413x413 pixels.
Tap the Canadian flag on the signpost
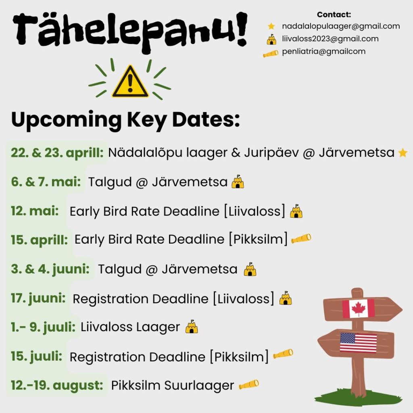coord(358,308)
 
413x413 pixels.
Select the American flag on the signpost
coord(359,342)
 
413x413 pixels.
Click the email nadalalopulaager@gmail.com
coord(341,26)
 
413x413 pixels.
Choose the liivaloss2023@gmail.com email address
coord(330,39)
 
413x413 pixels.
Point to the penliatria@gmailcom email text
coord(324,51)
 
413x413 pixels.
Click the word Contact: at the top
coord(334,15)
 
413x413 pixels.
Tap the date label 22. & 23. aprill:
coord(57,153)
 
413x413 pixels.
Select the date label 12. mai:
coord(35,211)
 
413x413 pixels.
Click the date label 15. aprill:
coord(39,240)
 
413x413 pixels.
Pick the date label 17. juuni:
coord(38,298)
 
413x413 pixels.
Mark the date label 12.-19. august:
coord(57,385)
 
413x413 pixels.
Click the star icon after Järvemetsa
coord(403,153)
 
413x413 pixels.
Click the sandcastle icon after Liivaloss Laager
coord(192,327)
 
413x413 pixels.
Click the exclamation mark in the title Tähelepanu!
coord(241,29)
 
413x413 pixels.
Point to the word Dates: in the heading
coord(206,119)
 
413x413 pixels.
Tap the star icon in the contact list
coord(271,26)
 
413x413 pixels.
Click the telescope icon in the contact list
coord(271,54)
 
